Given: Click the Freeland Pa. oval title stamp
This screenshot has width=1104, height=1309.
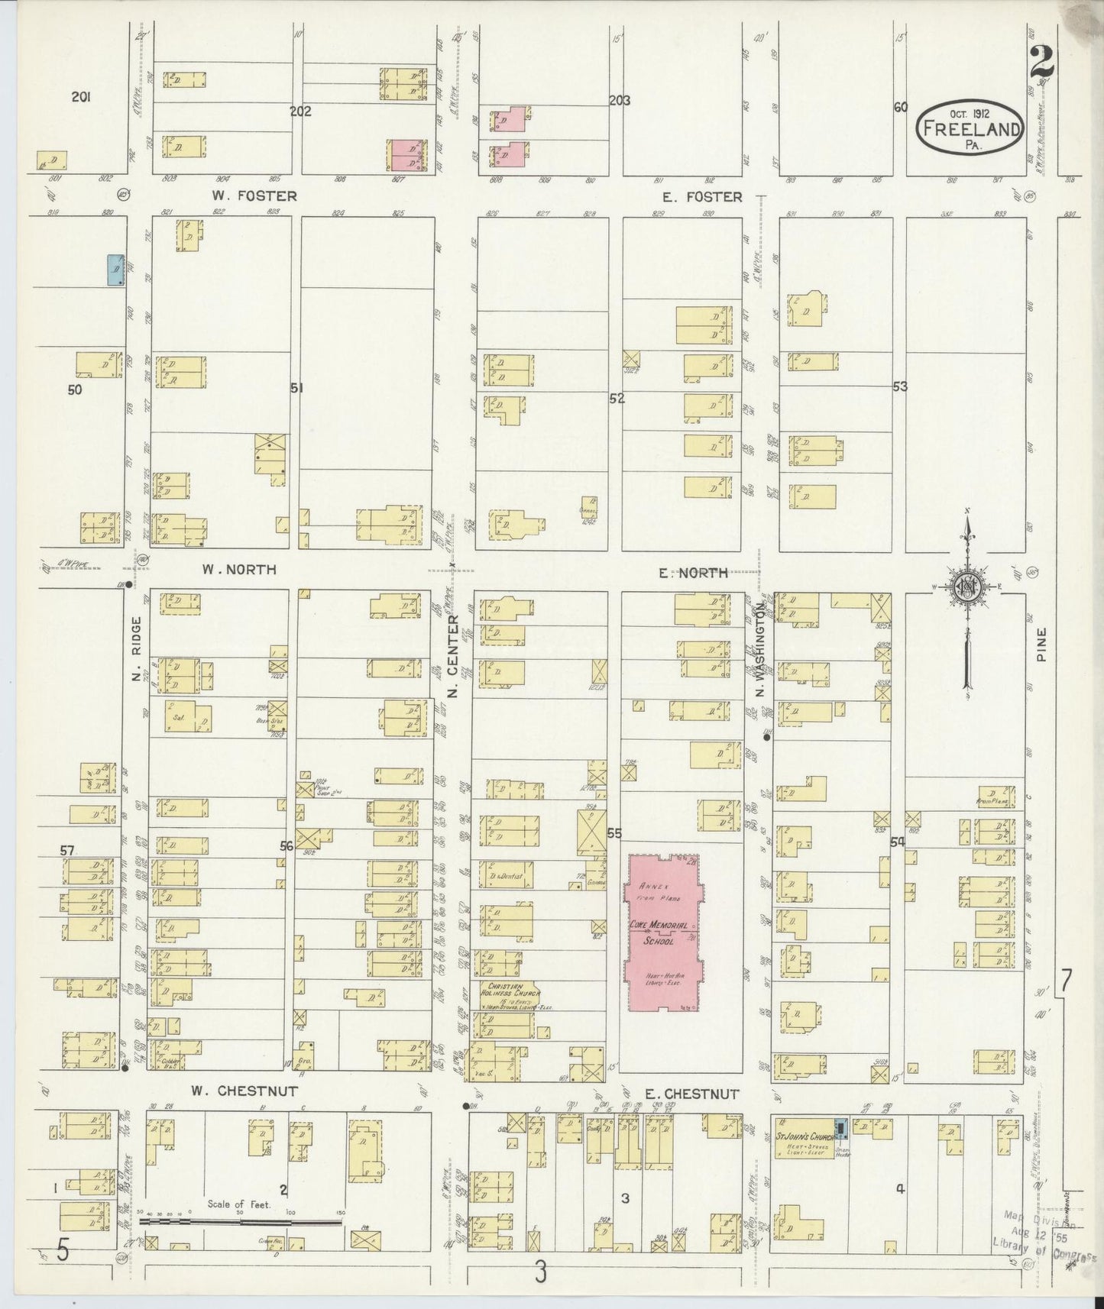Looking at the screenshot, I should click(970, 127).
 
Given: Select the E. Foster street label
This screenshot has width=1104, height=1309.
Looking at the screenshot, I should click(701, 197).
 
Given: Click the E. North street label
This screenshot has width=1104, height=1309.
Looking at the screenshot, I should click(693, 573).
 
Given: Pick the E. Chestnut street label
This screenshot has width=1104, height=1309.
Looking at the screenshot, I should click(691, 1094).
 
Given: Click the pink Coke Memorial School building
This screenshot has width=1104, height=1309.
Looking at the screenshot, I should click(663, 933).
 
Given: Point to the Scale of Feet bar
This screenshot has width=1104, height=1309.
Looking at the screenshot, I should click(241, 1222).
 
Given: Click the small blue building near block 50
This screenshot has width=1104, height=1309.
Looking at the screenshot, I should click(116, 270).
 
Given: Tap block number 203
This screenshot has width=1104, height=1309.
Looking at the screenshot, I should click(619, 100).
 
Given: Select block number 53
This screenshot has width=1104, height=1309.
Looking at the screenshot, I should click(900, 387).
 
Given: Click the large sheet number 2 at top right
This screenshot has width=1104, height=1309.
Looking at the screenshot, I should click(1041, 63).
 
